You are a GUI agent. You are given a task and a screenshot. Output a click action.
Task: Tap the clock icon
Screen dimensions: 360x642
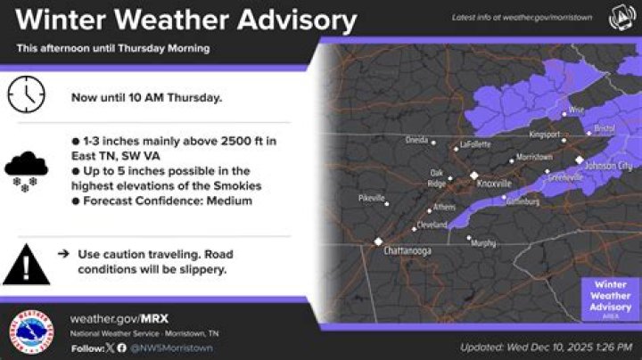coord(26,94)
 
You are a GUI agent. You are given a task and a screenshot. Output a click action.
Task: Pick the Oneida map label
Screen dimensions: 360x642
coord(416,141)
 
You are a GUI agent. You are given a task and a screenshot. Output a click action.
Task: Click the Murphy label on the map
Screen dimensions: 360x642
coord(483,242)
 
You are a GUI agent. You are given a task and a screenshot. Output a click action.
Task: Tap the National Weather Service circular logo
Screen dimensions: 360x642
coord(33,331)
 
